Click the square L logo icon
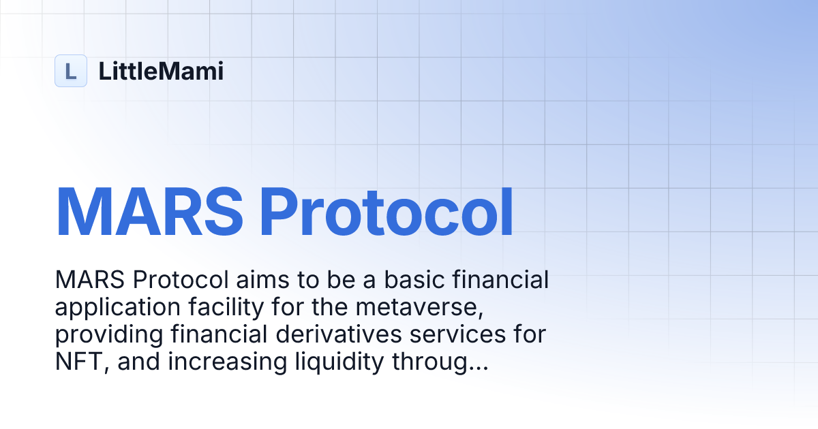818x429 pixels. [71, 71]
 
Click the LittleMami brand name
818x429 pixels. [161, 71]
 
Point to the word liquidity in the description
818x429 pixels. [329, 362]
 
